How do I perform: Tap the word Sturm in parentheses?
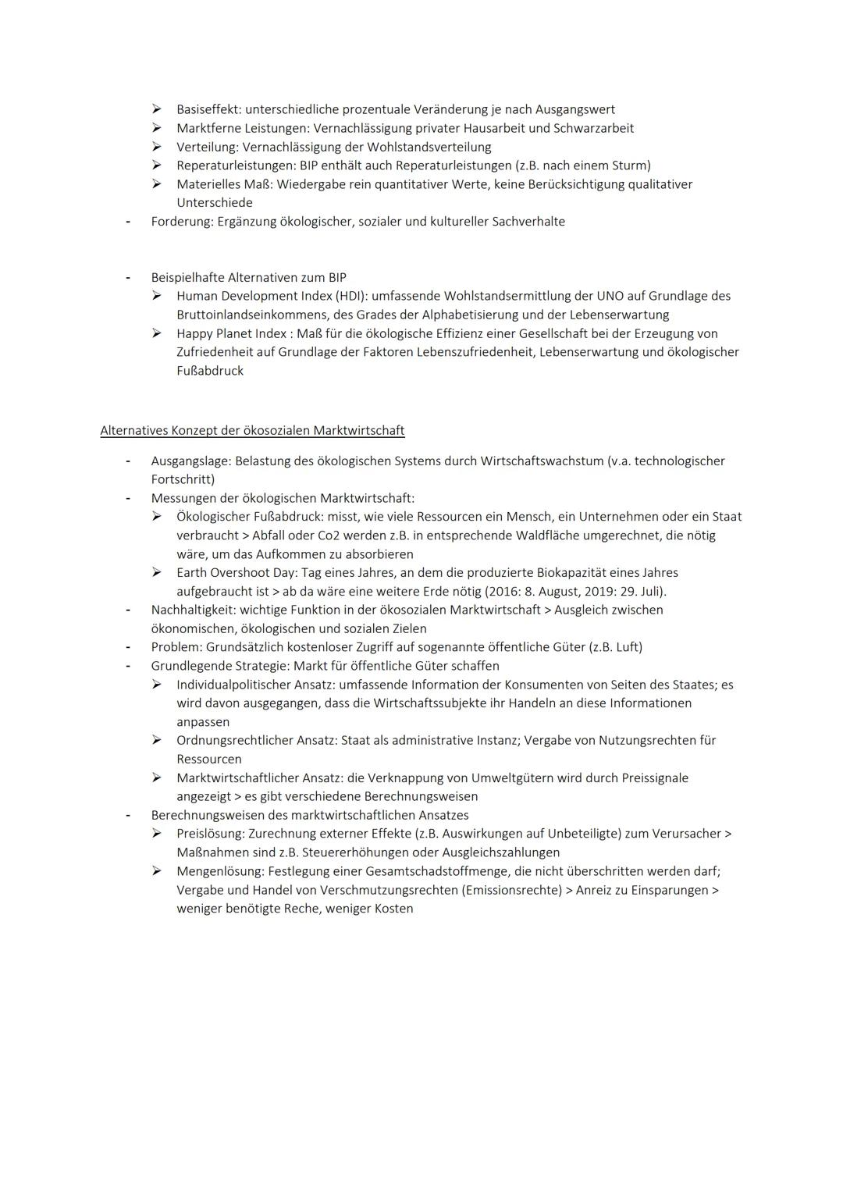tap(631, 165)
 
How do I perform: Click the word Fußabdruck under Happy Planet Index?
tap(210, 371)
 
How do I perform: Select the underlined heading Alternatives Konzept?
tap(252, 430)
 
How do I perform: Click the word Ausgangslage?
tap(190, 461)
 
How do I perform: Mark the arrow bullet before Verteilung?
tap(157, 147)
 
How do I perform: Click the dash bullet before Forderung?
tap(127, 222)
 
